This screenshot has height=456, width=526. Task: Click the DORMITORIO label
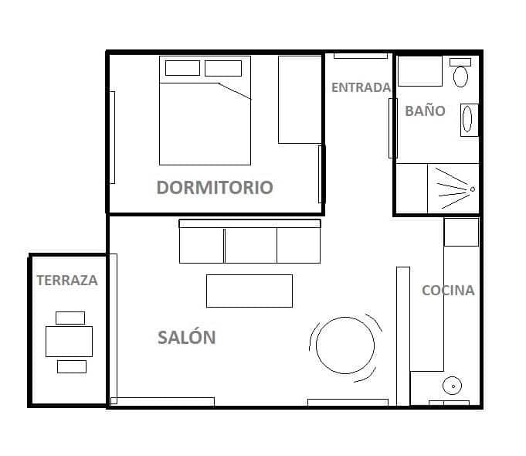point(215,187)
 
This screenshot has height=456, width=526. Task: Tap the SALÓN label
point(186,337)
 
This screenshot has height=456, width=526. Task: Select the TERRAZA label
point(67,281)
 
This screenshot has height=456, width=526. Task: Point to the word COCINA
point(448,291)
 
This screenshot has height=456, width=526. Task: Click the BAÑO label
point(425,111)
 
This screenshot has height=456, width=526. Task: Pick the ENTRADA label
point(361,87)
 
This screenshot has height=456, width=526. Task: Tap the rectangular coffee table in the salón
point(249,291)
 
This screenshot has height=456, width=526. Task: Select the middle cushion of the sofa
point(250,246)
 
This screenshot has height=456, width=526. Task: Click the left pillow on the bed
point(182,68)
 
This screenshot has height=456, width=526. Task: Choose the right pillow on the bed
point(223,68)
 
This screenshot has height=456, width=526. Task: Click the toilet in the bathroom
point(461,75)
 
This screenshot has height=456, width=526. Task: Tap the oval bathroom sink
point(467,120)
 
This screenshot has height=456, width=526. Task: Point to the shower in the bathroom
point(452,189)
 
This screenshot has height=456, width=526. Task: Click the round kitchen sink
point(451,386)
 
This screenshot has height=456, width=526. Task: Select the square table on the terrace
point(69,341)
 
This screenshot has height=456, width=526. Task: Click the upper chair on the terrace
point(70,317)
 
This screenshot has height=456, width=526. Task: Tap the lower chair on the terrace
point(72,366)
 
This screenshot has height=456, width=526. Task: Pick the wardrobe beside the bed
point(300,99)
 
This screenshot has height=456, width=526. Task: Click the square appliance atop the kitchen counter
point(461,231)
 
